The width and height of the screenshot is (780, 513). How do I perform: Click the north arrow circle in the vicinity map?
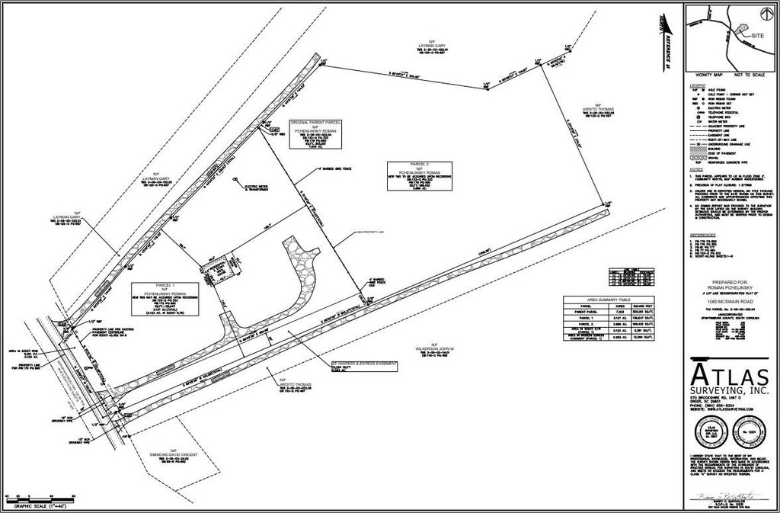click(762, 13)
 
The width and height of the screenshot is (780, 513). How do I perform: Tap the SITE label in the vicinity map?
click(757, 36)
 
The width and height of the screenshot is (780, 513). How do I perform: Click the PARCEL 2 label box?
click(419, 176)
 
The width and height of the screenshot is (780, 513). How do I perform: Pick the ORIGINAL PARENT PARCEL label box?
click(315, 133)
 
